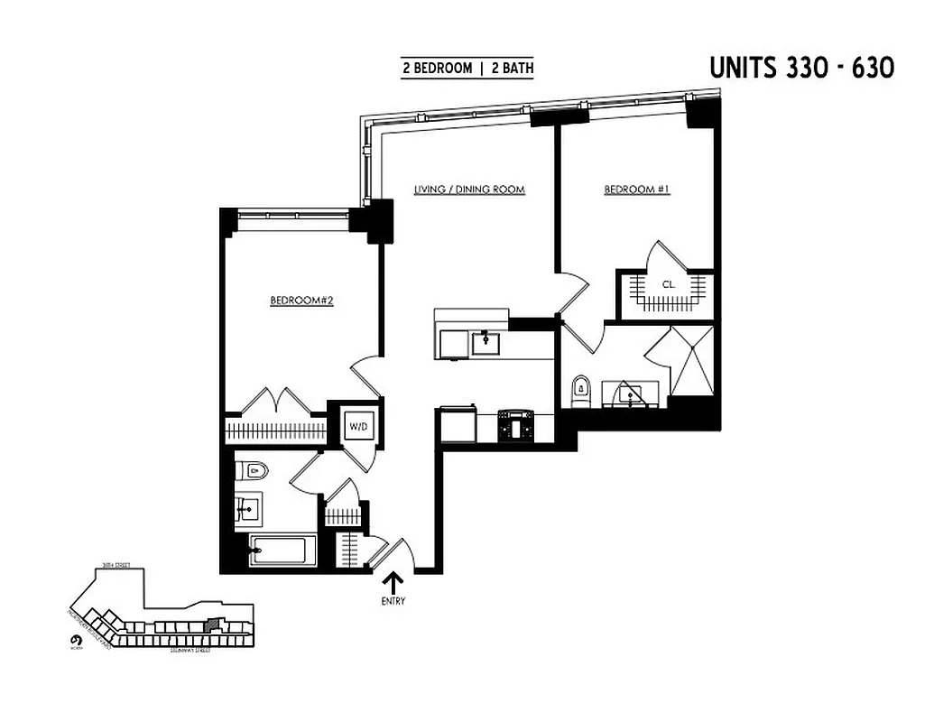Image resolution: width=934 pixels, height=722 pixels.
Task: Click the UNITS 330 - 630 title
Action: tap(801, 68)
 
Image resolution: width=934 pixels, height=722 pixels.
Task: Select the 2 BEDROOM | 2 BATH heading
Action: tap(467, 69)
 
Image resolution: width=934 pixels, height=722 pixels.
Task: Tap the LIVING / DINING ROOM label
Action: tap(469, 190)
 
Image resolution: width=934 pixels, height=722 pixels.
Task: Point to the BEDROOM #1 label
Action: tap(636, 190)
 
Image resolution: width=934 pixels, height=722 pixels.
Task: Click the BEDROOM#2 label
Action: tap(302, 301)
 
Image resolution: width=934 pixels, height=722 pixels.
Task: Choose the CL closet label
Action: tap(668, 284)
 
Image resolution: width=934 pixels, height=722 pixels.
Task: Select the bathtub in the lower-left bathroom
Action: tap(283, 550)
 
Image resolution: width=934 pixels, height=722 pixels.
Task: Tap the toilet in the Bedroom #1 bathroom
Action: tap(581, 390)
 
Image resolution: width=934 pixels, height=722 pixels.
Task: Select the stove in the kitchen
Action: tap(516, 426)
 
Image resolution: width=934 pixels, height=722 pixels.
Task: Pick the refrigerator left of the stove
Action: tap(458, 426)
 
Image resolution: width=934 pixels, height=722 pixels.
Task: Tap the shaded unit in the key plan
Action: tap(214, 622)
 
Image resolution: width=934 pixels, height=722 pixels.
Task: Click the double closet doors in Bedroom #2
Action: tap(276, 401)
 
